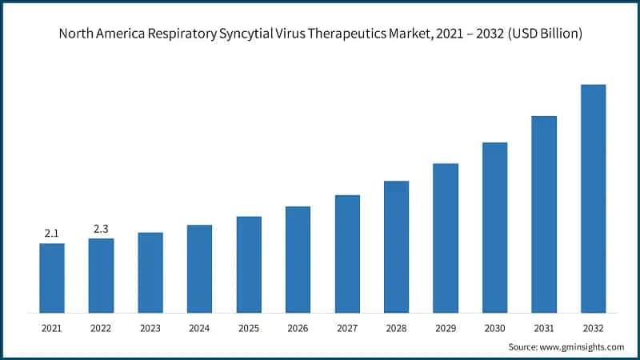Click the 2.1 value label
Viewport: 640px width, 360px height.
(52, 234)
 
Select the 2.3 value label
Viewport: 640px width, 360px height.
(101, 229)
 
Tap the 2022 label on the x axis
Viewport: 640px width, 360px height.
(101, 328)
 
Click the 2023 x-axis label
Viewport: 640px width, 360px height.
(150, 328)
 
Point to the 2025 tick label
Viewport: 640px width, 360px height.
(249, 328)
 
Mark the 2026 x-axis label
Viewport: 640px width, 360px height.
(298, 328)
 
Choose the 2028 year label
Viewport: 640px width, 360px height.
(396, 328)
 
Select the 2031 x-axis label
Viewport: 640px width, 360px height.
(544, 328)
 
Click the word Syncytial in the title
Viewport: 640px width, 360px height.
(248, 34)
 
